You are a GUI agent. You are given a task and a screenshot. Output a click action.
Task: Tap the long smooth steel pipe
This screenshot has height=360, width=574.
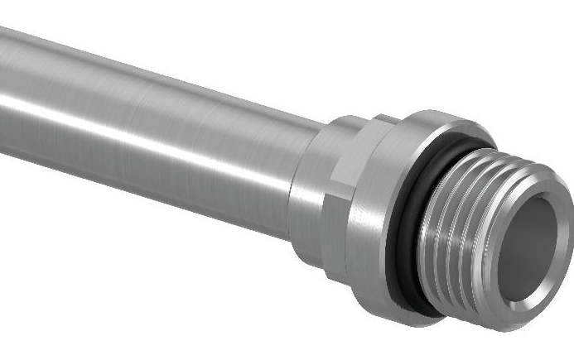[x=149, y=124]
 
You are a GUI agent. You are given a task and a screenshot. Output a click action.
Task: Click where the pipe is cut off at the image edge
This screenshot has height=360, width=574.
[x=2, y=91]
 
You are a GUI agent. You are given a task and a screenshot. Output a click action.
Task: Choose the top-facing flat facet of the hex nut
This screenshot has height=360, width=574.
[x=348, y=128]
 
